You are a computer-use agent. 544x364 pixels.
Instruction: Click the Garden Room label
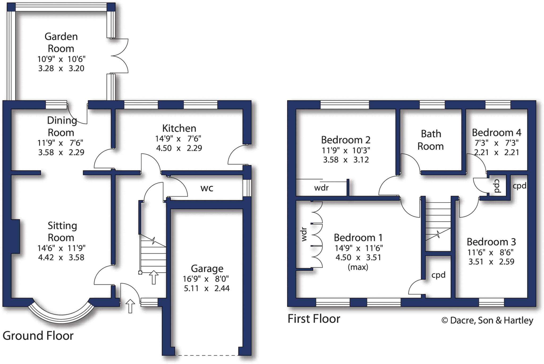click(61, 43)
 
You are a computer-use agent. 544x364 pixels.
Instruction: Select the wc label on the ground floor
click(207, 188)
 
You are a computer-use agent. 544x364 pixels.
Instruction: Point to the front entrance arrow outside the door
click(130, 306)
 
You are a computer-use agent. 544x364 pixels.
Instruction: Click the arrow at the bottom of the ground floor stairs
click(154, 277)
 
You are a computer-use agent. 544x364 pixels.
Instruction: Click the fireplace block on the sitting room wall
click(15, 236)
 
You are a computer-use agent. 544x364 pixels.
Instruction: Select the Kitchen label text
click(179, 128)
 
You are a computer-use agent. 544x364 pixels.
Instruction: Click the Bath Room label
click(431, 140)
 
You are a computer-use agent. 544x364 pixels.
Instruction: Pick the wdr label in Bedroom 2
click(321, 188)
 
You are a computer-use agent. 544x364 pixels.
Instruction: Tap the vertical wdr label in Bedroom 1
click(304, 234)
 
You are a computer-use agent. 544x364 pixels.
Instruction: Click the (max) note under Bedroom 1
click(358, 267)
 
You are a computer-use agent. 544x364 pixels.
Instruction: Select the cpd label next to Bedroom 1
click(438, 275)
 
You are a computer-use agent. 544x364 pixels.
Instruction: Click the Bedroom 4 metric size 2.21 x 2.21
click(496, 153)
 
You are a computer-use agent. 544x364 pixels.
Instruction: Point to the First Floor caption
click(314, 319)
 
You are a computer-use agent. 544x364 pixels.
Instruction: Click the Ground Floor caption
click(38, 336)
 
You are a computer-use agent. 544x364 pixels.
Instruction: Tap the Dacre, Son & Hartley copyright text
click(487, 320)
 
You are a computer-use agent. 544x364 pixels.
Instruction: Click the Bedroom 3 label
click(491, 242)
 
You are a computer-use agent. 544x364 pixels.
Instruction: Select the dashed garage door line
click(207, 355)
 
